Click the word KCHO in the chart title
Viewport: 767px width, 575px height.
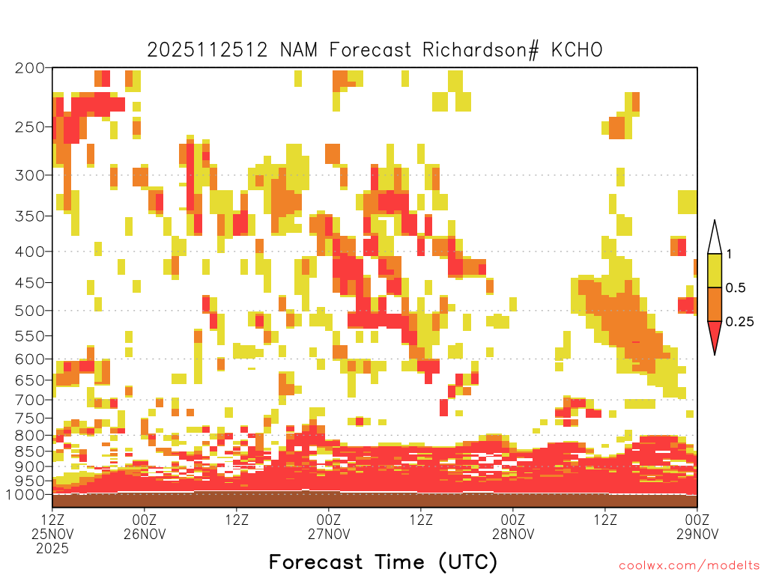pyautogui.click(x=577, y=50)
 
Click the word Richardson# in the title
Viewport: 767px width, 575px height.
pyautogui.click(x=480, y=50)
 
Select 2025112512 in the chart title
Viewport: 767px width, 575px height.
pyautogui.click(x=207, y=50)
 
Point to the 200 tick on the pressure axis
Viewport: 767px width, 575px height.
pyautogui.click(x=30, y=67)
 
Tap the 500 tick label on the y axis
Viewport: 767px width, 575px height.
pyautogui.click(x=30, y=311)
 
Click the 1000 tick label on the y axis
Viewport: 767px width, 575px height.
pyautogui.click(x=25, y=495)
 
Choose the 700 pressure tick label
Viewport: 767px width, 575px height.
pyautogui.click(x=30, y=400)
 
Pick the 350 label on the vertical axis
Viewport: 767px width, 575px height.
pyautogui.click(x=30, y=216)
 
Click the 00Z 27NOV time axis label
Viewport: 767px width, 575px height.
pyautogui.click(x=329, y=526)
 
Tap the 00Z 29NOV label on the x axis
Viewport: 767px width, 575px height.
pyautogui.click(x=697, y=526)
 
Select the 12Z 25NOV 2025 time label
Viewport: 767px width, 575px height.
pyautogui.click(x=52, y=534)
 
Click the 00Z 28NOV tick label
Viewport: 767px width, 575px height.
pyautogui.click(x=513, y=526)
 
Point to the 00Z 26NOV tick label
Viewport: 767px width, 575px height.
pyautogui.click(x=145, y=526)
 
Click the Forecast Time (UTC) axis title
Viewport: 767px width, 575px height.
pyautogui.click(x=383, y=562)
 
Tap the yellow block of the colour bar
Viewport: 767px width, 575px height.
pyautogui.click(x=715, y=270)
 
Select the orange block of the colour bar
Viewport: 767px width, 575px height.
pyautogui.click(x=715, y=304)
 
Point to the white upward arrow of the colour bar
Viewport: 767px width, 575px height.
pyautogui.click(x=715, y=238)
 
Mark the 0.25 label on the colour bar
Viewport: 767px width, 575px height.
pyautogui.click(x=739, y=321)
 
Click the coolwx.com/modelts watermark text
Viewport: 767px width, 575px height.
pyautogui.click(x=689, y=565)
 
